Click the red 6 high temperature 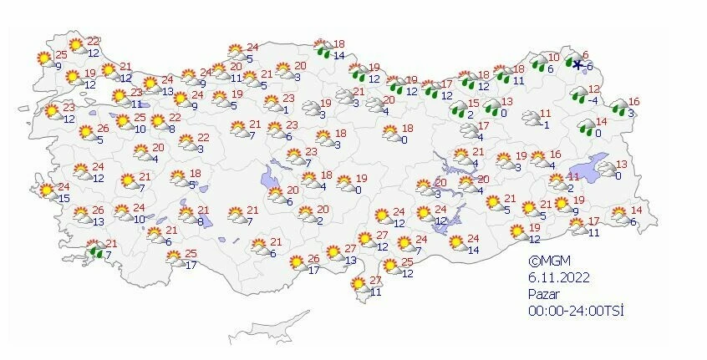586,55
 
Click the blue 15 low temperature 64,197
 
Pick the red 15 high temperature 473,103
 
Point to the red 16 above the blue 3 634,101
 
